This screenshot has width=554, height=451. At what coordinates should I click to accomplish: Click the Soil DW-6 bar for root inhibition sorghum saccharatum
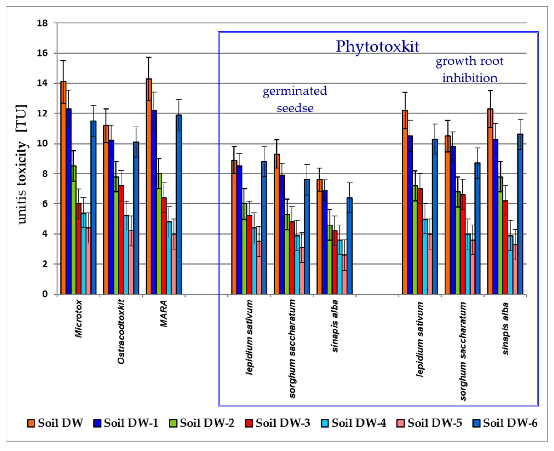(x=477, y=229)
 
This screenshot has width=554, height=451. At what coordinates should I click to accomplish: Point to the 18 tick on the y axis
(x=43, y=23)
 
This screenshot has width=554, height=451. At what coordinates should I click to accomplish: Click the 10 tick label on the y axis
(x=43, y=144)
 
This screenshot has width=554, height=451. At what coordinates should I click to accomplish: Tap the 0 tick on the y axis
(x=45, y=294)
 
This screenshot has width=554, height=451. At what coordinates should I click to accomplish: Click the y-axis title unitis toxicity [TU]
(x=22, y=164)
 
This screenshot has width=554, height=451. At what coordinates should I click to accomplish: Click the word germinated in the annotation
(x=295, y=91)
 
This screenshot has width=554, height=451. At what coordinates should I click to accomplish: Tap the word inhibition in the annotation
(x=470, y=78)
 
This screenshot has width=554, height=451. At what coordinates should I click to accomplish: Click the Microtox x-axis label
(x=78, y=318)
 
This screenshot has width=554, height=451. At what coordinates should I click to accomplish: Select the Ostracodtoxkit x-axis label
(x=121, y=332)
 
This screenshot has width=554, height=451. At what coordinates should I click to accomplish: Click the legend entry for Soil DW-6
(x=505, y=423)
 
